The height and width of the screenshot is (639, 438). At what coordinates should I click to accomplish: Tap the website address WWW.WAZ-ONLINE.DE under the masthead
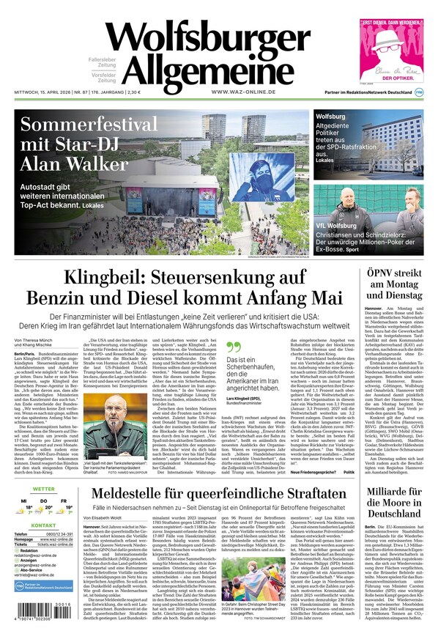point(242,92)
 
